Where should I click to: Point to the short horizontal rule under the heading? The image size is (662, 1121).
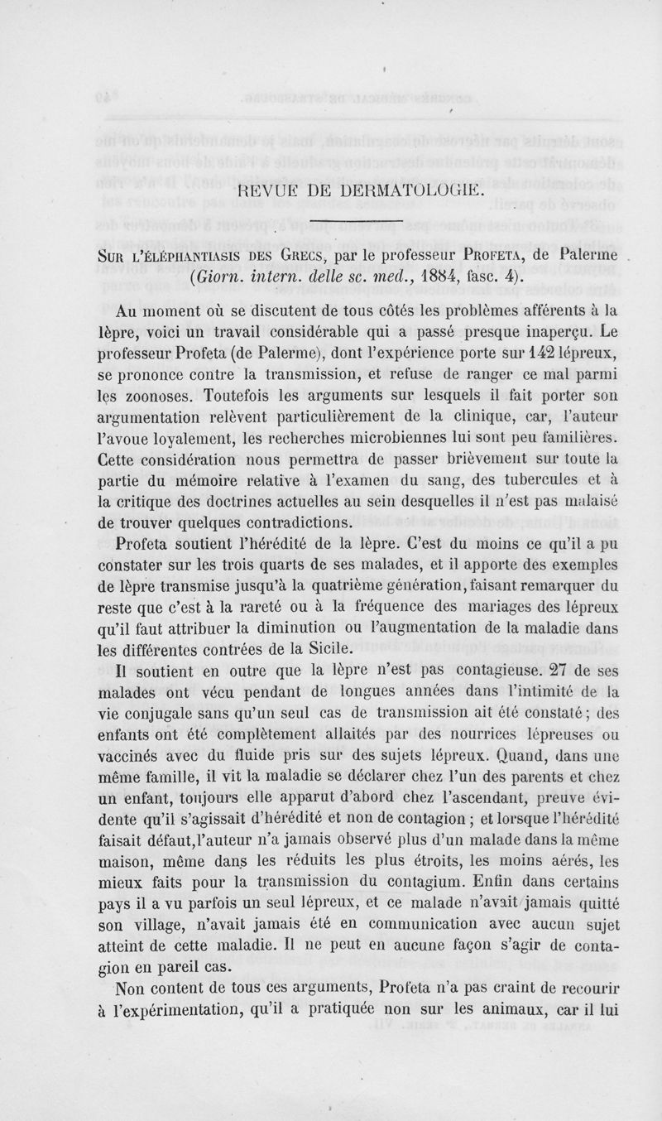(x=356, y=222)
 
